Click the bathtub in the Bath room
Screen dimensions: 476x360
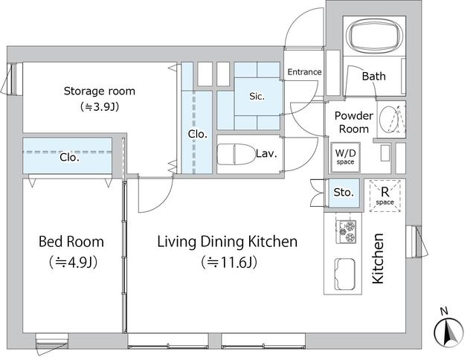[x=373, y=35]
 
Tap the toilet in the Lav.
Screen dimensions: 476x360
[x=237, y=155]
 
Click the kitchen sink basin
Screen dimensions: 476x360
[x=344, y=274]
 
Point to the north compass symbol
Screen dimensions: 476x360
[x=448, y=329]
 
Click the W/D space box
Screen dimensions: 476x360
[x=345, y=157]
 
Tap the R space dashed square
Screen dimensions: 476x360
[x=385, y=196]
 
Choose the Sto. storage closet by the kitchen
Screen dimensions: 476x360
[x=344, y=193]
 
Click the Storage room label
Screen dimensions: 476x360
[x=99, y=91]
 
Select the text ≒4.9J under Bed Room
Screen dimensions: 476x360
[x=73, y=262]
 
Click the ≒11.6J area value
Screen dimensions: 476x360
[x=229, y=263]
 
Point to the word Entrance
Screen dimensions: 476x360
[x=304, y=72]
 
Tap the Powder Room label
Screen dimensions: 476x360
[x=354, y=122]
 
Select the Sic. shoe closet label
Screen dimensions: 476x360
[x=257, y=96]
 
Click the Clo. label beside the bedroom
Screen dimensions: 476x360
[x=69, y=157]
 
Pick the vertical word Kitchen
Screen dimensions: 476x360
[x=379, y=259]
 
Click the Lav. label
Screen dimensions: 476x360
[x=266, y=153]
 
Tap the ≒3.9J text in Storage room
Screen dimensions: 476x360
[x=99, y=106]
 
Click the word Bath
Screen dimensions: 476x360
[x=373, y=76]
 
